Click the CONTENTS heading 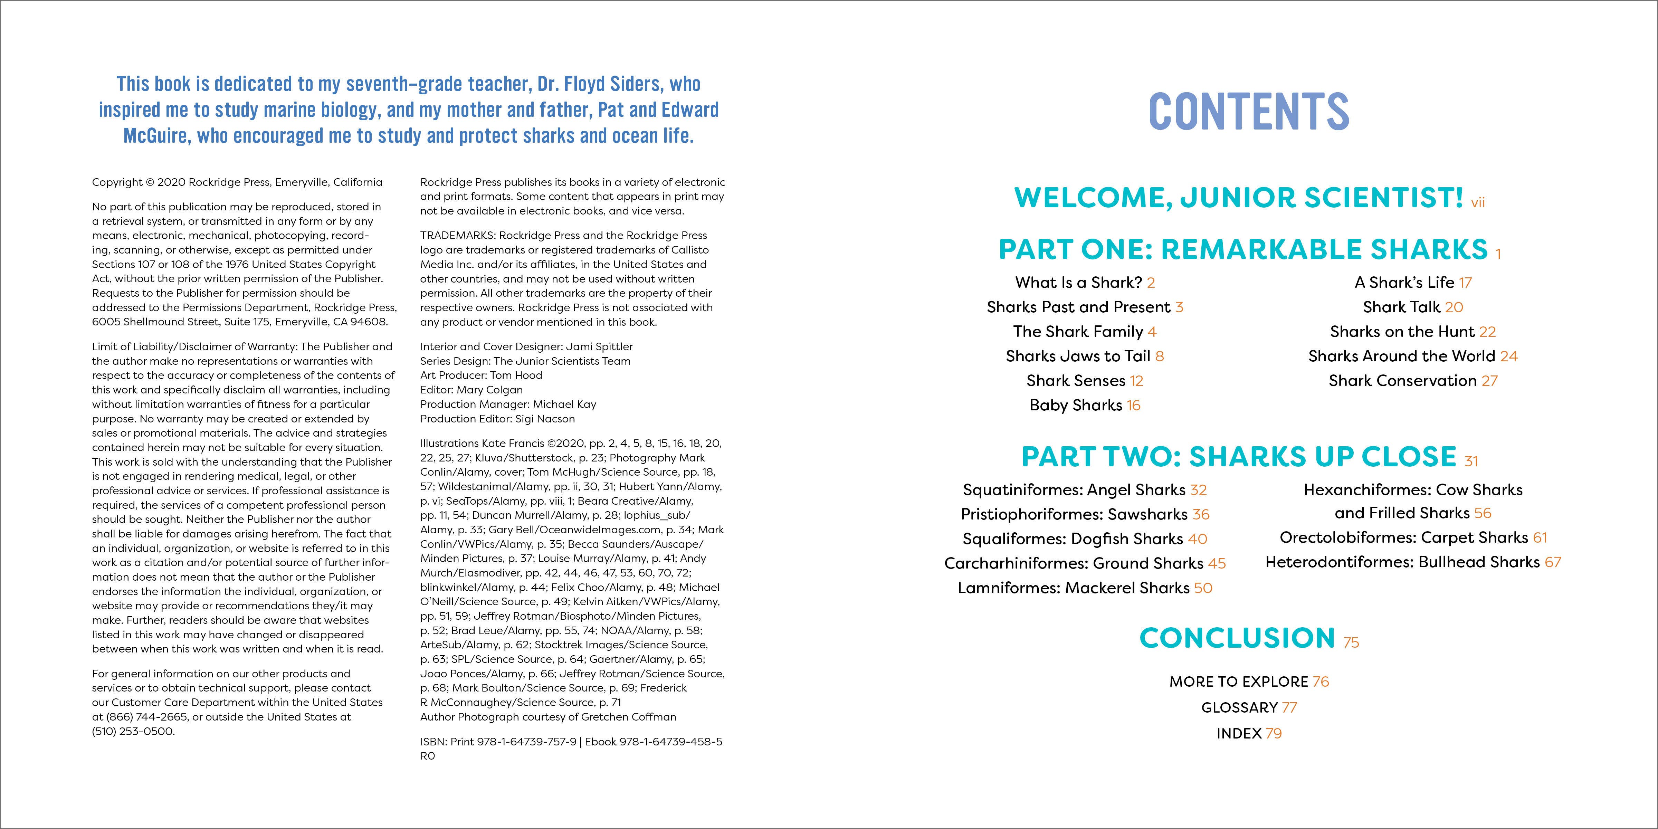(x=1249, y=111)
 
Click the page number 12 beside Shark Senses (x=1137, y=381)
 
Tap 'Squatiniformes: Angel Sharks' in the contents (x=1074, y=490)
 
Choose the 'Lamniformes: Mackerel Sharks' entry (x=1073, y=588)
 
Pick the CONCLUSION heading (x=1237, y=638)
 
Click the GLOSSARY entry (x=1239, y=707)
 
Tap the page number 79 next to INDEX (x=1274, y=734)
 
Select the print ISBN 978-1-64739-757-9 (x=526, y=742)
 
